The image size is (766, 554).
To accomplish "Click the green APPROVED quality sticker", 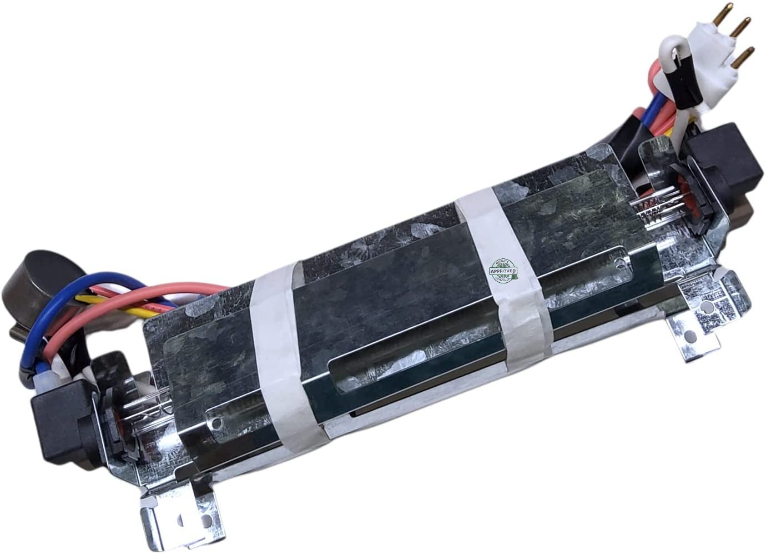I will pos(503,271).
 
